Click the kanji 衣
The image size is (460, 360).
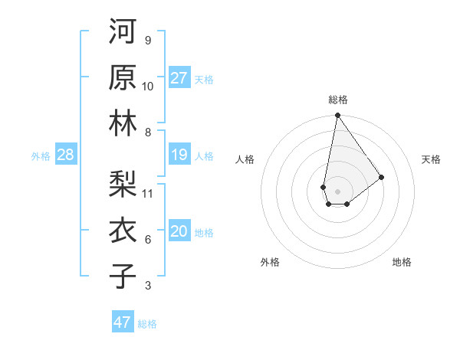point(123,230)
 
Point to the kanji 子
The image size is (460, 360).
point(123,276)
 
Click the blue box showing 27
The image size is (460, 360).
point(179,78)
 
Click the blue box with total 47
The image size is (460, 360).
point(123,322)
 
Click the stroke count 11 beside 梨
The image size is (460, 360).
point(148,193)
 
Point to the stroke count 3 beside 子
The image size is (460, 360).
point(147,286)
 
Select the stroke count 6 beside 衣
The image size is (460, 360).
point(147,240)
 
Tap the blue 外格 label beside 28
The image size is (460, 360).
point(41,156)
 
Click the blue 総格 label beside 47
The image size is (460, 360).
point(147,323)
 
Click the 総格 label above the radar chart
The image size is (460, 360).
point(337,100)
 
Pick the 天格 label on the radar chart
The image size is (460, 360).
point(431,159)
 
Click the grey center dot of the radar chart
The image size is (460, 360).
point(337,190)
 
